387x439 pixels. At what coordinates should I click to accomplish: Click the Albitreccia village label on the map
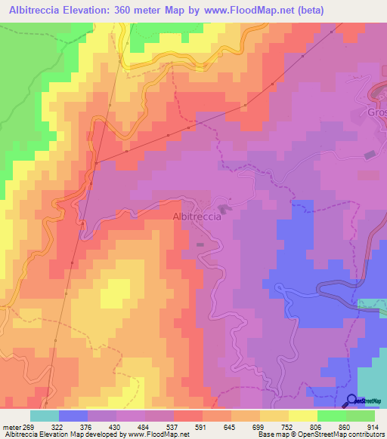pos(197,216)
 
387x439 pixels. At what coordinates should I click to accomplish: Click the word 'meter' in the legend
pos(14,426)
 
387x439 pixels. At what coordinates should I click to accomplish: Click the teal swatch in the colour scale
pos(45,416)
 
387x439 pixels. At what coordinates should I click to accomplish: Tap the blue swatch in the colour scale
pos(73,416)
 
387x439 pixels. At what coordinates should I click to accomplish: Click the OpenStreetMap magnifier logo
pos(352,400)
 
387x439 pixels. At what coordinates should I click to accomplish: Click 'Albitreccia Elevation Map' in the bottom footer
pos(45,434)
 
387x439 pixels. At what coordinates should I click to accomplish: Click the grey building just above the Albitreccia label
pos(224,207)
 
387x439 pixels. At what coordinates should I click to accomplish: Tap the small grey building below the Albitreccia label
pos(200,244)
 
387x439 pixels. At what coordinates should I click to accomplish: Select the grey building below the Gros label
pos(370,155)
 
